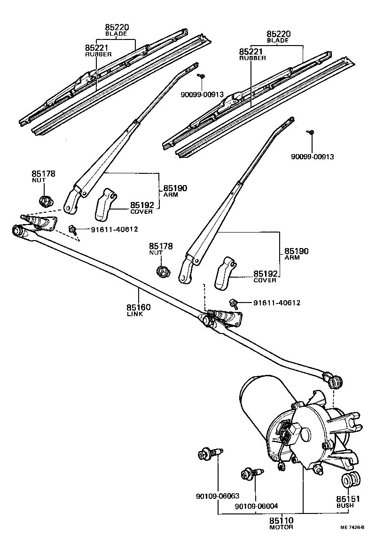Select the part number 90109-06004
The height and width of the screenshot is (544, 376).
pyautogui.click(x=256, y=506)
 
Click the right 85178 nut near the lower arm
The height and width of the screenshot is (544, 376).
pyautogui.click(x=162, y=272)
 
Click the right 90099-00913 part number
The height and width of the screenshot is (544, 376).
pyautogui.click(x=312, y=157)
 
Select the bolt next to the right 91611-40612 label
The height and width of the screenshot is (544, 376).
pyautogui.click(x=232, y=303)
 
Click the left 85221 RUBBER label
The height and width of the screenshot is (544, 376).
pyautogui.click(x=98, y=51)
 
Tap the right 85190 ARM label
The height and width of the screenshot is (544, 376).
pyautogui.click(x=296, y=254)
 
